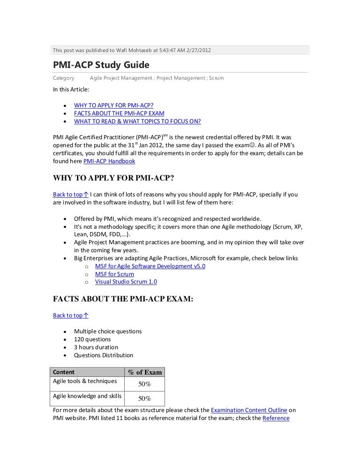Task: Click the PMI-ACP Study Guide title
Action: click(x=101, y=64)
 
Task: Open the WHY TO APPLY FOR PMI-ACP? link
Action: click(x=113, y=105)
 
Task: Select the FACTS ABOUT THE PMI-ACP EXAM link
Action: click(x=119, y=113)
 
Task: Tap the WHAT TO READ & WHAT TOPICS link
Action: click(x=137, y=121)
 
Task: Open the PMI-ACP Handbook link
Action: click(x=109, y=161)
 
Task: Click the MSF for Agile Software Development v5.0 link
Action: click(x=150, y=266)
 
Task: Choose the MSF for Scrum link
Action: click(x=114, y=274)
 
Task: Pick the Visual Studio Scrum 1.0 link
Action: click(x=126, y=282)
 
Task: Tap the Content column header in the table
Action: click(x=64, y=372)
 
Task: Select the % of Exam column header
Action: click(x=145, y=373)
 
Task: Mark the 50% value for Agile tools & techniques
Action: click(x=144, y=384)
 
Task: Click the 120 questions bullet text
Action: click(x=92, y=339)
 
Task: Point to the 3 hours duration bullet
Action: click(x=96, y=347)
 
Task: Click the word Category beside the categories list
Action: click(x=64, y=78)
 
